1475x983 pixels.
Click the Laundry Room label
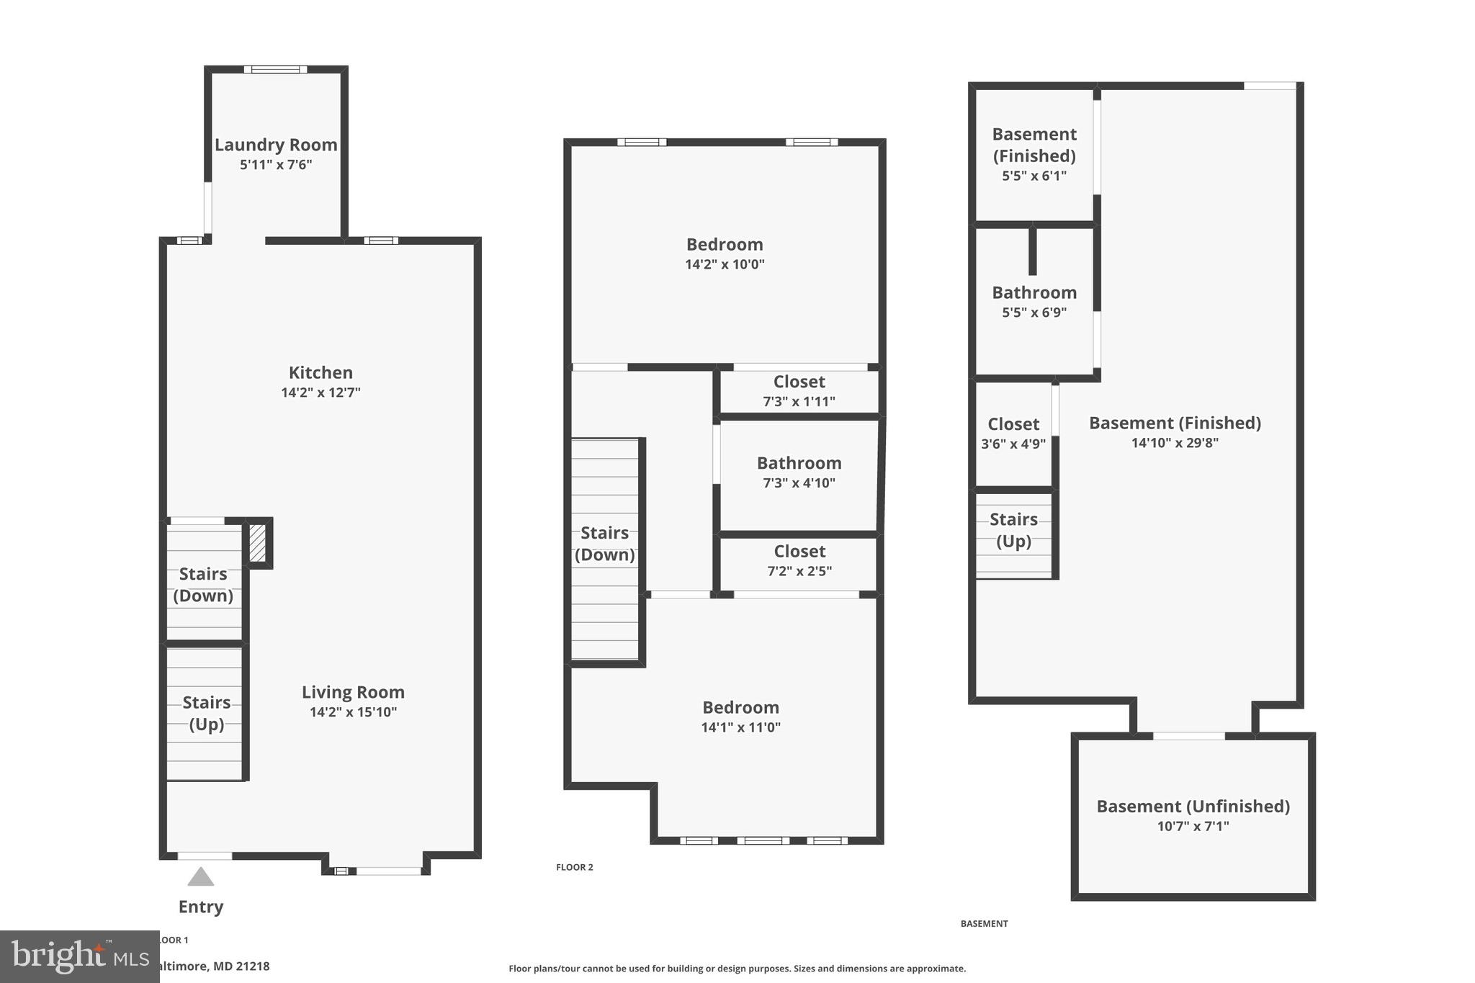276,145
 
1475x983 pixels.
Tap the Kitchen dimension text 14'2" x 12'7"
320,392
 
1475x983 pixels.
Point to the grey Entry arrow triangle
201,877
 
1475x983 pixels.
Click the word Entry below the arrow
201,907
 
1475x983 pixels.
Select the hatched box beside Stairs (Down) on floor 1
257,543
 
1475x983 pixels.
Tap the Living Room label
353,692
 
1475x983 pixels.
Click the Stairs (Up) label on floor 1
206,713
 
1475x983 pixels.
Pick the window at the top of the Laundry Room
275,70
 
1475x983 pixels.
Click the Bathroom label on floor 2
799,463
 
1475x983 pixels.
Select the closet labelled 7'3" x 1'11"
799,391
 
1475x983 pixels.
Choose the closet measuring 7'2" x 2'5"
799,561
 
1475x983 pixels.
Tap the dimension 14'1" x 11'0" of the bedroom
740,727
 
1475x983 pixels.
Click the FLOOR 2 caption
575,867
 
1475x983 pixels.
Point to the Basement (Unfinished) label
1193,807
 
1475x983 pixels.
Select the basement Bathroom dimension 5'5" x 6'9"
1034,313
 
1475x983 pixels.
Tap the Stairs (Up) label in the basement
1013,530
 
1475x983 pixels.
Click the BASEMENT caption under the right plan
984,923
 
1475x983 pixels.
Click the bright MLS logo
79,956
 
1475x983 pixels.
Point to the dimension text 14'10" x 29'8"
1175,443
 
